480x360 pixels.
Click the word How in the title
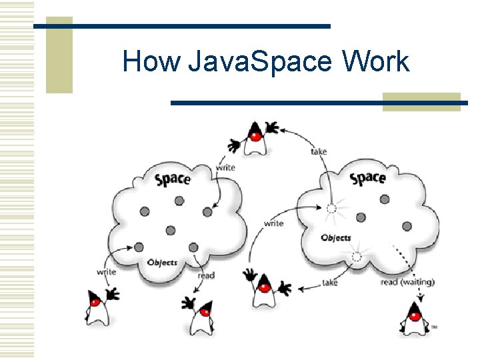151,62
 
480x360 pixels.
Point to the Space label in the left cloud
173,179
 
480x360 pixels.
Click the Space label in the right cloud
368,178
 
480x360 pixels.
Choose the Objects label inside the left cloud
162,262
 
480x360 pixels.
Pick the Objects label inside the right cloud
336,238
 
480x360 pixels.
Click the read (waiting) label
407,282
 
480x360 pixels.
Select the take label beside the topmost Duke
319,151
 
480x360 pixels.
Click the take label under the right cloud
329,283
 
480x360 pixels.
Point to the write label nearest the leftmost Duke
106,271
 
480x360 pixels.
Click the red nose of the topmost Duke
254,135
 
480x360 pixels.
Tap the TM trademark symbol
435,327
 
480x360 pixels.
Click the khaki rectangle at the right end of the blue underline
421,101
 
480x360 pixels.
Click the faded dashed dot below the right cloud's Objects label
357,257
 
